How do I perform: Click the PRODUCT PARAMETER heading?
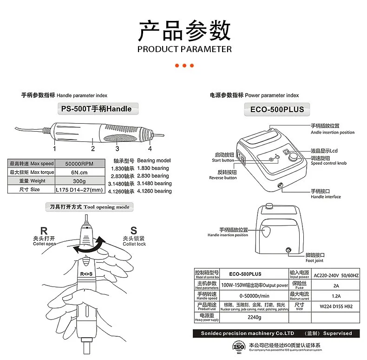click(x=184, y=49)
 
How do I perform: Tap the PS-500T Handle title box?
click(x=96, y=109)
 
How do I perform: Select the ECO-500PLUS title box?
click(x=274, y=109)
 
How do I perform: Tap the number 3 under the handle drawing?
click(x=117, y=149)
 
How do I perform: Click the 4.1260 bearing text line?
click(x=140, y=191)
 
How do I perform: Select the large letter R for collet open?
click(x=44, y=231)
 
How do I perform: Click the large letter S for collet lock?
click(x=134, y=230)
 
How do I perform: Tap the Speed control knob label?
click(x=328, y=163)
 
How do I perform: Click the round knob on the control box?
click(x=294, y=158)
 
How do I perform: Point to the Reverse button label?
click(x=223, y=178)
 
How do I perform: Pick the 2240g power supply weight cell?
click(x=254, y=317)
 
